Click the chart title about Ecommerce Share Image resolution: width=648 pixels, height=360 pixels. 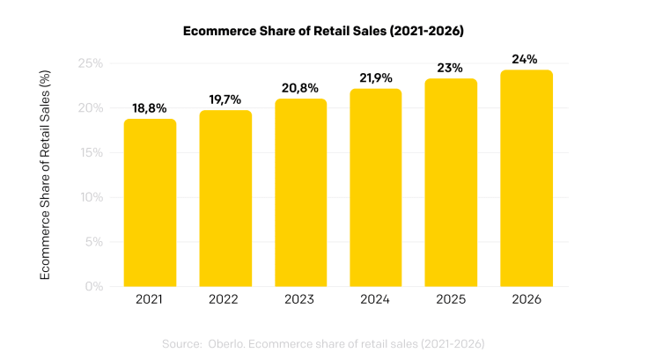[x=323, y=31]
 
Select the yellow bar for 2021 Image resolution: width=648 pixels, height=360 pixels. [x=150, y=202]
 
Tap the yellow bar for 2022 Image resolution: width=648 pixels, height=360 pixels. [x=225, y=198]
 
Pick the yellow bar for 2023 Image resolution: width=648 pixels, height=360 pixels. [x=300, y=193]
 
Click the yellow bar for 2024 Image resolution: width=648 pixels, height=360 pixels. [x=376, y=187]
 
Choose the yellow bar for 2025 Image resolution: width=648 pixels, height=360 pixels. [x=451, y=182]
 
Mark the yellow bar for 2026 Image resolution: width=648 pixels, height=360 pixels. [x=526, y=178]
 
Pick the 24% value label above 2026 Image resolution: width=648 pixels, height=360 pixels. [x=526, y=58]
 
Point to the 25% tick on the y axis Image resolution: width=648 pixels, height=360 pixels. [x=91, y=64]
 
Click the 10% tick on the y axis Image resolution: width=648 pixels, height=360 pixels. [x=92, y=197]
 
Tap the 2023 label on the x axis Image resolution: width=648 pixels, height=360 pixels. [x=300, y=299]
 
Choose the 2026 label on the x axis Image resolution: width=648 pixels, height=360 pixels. [x=526, y=299]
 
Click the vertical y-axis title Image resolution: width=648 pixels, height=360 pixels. [x=45, y=175]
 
